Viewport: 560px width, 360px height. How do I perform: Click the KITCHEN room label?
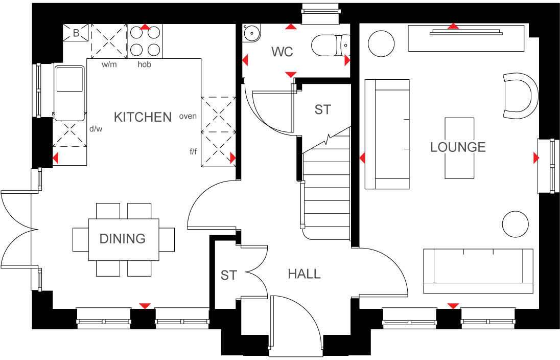[x=143, y=117]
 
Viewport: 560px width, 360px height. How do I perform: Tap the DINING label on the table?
[x=122, y=238]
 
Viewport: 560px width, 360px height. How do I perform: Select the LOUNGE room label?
[x=458, y=147]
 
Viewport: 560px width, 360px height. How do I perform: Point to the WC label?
[x=282, y=52]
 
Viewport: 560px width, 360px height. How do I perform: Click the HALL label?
[x=304, y=274]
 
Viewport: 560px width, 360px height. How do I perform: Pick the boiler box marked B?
[x=76, y=34]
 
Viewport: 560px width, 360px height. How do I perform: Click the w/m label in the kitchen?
[x=108, y=64]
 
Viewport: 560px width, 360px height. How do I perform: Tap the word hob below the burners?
[x=144, y=64]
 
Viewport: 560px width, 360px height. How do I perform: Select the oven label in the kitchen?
[x=188, y=116]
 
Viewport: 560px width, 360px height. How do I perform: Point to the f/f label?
[x=193, y=151]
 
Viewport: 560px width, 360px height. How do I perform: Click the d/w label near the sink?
[x=96, y=129]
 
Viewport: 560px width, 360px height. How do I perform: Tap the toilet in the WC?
[x=330, y=46]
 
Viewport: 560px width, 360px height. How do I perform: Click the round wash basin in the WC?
[x=251, y=33]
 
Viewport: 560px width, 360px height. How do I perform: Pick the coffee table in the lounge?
[x=459, y=148]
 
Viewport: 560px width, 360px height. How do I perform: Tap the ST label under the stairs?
[x=322, y=109]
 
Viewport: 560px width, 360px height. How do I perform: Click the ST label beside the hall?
[x=228, y=276]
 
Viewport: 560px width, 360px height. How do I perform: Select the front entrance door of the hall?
[x=296, y=327]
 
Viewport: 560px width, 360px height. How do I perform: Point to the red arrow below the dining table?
[x=146, y=306]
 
